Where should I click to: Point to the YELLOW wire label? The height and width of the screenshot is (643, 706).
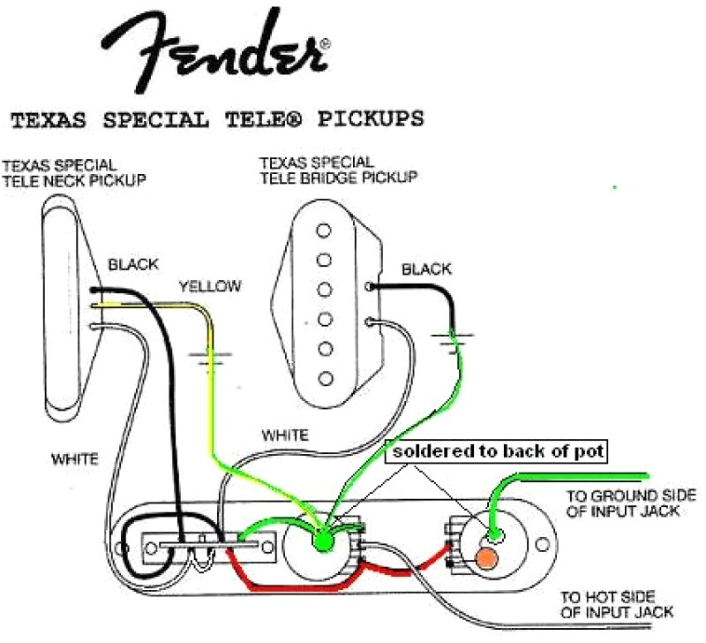point(210,286)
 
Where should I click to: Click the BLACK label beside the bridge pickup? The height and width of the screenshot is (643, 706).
point(427,269)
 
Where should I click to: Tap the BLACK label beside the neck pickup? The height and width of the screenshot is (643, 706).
point(133,264)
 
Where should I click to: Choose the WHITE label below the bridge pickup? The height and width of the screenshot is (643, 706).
point(285,435)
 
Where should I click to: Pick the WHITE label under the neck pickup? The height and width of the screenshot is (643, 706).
point(74,459)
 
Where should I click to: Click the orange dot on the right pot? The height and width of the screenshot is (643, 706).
point(484,558)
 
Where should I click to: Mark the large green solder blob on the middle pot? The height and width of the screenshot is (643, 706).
point(321,536)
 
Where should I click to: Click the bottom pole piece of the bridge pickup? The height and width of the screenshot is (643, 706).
point(326,379)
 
